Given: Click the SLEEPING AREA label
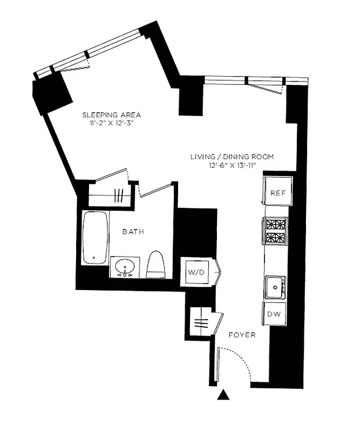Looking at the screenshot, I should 111,114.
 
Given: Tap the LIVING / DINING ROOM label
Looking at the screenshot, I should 232,157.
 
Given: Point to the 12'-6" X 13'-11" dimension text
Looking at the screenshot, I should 232,166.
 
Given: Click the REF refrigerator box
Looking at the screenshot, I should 277,192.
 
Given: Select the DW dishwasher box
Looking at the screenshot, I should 274,314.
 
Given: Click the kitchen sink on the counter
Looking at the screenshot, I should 275,286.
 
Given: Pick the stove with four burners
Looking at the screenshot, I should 276,231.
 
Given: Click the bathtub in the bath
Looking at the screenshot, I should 96,238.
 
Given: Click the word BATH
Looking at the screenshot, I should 133,232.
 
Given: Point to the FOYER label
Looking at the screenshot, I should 241,335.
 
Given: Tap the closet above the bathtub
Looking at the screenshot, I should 109,195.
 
